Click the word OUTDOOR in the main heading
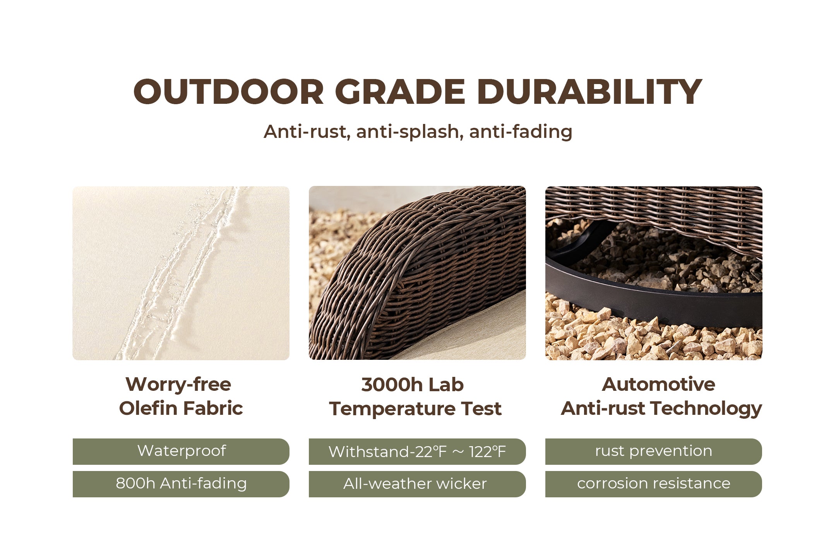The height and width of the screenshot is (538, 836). pos(228,92)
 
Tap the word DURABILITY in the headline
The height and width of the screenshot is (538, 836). pos(589,92)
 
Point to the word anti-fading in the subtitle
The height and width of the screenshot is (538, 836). pos(521,132)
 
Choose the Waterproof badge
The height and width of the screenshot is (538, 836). pos(181,451)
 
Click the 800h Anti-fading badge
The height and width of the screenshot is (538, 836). pos(181,484)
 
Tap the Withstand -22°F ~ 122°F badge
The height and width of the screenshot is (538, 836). pos(417,451)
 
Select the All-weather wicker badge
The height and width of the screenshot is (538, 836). pos(417,484)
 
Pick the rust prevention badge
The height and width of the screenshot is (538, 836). pos(653,451)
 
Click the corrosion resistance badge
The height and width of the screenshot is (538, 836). pos(653,484)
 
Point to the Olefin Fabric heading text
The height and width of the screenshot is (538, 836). pos(181,408)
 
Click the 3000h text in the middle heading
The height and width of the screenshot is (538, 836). pos(392,385)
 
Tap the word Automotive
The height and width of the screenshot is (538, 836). pos(658,384)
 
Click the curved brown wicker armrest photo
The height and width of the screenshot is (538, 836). pos(417,273)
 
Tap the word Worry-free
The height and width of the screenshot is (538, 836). pos(178,385)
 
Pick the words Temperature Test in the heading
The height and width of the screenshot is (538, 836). pos(415,409)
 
